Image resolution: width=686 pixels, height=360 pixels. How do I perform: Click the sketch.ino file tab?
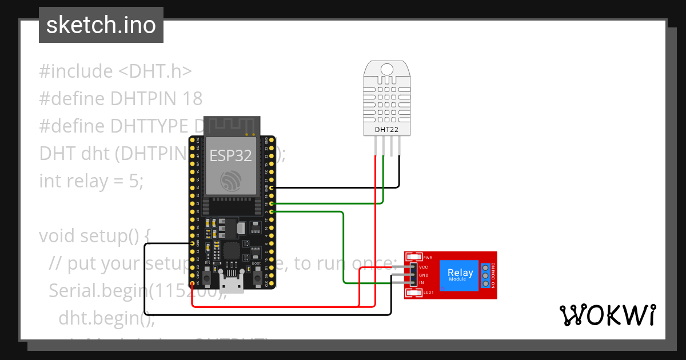coord(101,25)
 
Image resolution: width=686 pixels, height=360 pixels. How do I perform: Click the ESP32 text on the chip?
coord(231,155)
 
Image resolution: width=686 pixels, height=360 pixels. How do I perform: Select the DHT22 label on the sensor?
coord(386,130)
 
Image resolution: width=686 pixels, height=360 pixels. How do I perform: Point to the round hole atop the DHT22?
coord(387,69)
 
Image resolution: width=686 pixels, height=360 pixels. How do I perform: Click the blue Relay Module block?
coord(460,275)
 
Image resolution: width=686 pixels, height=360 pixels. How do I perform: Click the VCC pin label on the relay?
coord(424,267)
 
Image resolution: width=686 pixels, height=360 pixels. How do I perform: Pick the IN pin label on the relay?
coord(422,283)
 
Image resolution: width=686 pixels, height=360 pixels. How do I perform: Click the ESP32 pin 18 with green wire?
coord(272,203)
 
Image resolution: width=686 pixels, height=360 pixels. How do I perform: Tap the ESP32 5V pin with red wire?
coord(192,282)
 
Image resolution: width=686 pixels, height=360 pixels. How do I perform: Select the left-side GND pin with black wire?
coord(192,243)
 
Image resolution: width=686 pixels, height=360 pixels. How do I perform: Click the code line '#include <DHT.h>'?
coord(115,71)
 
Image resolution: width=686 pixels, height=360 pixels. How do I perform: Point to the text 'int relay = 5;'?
coord(91,181)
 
